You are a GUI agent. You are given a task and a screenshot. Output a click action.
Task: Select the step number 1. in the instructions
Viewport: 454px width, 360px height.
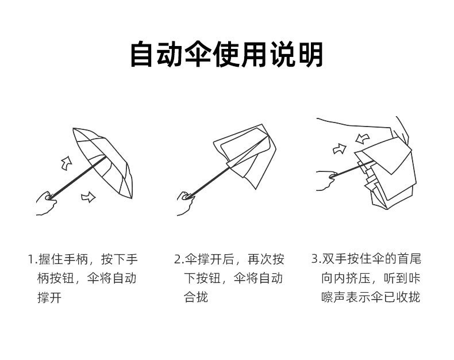(32, 259)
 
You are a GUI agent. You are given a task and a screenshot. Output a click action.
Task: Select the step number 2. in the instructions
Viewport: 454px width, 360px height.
(178, 259)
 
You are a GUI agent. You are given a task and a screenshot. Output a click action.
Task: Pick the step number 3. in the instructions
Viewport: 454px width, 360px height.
(316, 259)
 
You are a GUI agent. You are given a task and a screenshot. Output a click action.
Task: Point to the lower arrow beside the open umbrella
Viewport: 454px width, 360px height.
(88, 197)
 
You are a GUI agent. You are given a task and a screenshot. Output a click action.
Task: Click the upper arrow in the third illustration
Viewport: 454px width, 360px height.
(363, 139)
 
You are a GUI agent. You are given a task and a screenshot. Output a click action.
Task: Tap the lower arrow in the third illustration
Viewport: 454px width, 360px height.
(340, 149)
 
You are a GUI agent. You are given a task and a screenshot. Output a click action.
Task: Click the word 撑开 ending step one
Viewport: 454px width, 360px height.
(49, 298)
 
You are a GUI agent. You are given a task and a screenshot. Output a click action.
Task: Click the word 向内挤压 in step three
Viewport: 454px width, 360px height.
(347, 278)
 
